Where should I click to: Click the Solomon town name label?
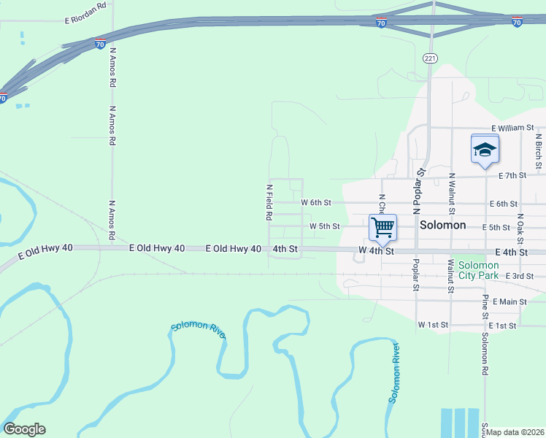click(x=443, y=226)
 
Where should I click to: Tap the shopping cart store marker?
click(x=382, y=228)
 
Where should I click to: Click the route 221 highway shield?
click(x=431, y=57)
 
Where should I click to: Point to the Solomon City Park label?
click(x=478, y=269)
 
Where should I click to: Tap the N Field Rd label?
click(x=269, y=202)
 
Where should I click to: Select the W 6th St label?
click(x=316, y=201)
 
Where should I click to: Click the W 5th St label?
click(x=324, y=226)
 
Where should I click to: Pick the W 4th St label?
click(x=376, y=251)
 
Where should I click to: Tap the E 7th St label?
click(x=512, y=176)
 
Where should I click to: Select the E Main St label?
click(x=510, y=301)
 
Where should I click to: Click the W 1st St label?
click(x=432, y=323)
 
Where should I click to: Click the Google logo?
click(x=24, y=429)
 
